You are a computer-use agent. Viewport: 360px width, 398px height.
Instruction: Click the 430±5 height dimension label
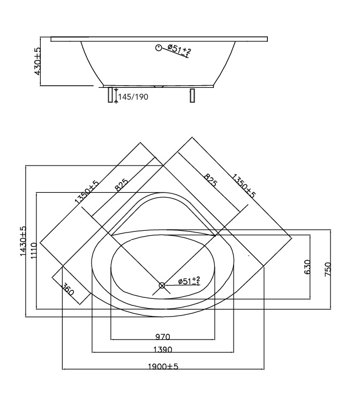click(37, 61)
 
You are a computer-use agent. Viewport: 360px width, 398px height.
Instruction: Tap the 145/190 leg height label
click(133, 97)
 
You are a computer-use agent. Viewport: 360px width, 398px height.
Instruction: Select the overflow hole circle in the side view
click(159, 48)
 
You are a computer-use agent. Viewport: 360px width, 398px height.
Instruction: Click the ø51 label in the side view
click(179, 50)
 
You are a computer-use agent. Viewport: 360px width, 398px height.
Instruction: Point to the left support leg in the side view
click(110, 95)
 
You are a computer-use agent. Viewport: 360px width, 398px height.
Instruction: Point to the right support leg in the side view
click(192, 95)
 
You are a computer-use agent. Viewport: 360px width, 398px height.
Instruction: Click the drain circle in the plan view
click(162, 286)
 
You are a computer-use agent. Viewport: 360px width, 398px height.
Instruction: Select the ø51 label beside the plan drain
click(189, 281)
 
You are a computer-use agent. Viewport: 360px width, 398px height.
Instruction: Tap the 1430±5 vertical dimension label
click(23, 241)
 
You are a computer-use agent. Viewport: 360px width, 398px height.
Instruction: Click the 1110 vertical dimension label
click(34, 251)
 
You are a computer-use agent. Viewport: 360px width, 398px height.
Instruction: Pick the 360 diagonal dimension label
click(68, 289)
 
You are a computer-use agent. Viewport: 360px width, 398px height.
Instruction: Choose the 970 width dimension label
click(163, 337)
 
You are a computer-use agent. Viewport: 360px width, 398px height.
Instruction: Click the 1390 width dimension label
click(163, 350)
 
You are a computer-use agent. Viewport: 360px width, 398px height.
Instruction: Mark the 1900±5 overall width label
click(163, 366)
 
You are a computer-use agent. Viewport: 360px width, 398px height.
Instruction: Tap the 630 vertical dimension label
click(307, 267)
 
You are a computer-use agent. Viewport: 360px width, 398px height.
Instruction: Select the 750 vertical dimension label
click(328, 269)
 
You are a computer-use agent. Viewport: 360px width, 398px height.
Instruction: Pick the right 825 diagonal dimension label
click(211, 180)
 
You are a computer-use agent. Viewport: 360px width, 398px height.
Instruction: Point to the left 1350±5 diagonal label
click(87, 192)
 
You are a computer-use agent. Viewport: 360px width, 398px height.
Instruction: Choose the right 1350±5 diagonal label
click(244, 186)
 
